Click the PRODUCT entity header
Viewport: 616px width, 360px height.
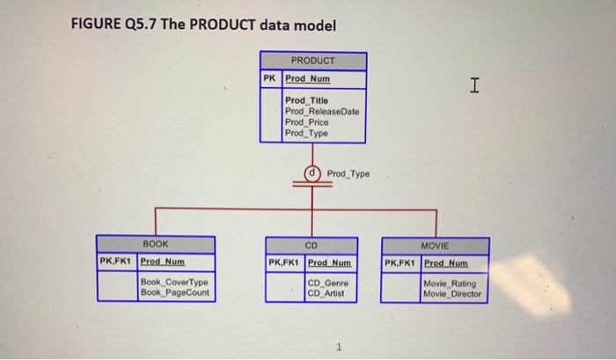pos(312,61)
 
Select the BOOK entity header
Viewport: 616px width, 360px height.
pos(156,243)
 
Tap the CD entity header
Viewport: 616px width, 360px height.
pos(311,244)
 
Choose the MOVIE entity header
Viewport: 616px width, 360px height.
pos(435,244)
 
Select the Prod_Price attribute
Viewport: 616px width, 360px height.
pos(305,122)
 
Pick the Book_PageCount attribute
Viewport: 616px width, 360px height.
pos(175,292)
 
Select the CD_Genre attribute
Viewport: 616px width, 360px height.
pos(328,283)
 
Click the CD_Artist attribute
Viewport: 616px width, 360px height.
pos(326,293)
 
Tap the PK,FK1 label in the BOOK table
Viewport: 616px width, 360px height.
pos(116,261)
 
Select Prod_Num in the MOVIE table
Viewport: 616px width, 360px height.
pos(445,262)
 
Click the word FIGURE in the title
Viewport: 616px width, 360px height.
pos(95,23)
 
